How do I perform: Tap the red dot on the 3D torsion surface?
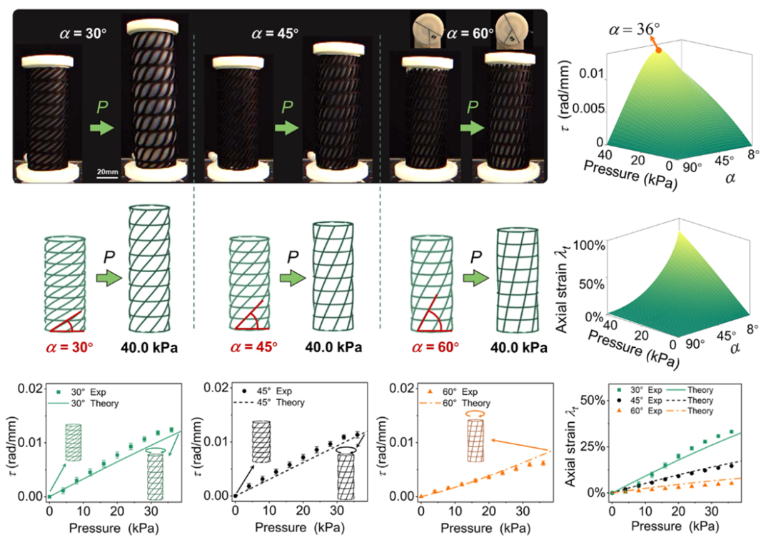[658, 50]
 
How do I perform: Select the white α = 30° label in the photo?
[83, 33]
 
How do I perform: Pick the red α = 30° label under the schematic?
[63, 347]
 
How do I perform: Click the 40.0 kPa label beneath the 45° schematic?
[333, 347]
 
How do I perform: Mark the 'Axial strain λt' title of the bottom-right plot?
[571, 450]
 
